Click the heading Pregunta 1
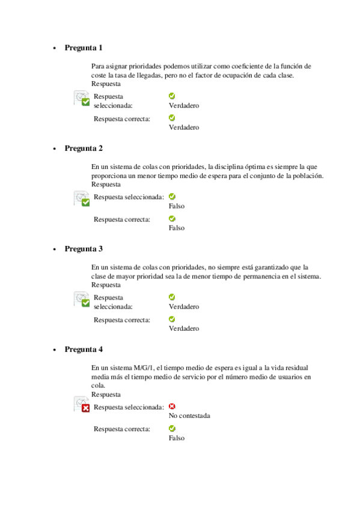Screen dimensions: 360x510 [x=84, y=48]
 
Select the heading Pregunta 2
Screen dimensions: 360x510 [x=84, y=148]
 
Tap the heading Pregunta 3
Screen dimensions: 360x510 [x=84, y=248]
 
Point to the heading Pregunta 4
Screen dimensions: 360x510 [x=84, y=349]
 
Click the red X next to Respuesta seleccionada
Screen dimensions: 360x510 [x=172, y=407]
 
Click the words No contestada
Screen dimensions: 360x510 [x=189, y=416]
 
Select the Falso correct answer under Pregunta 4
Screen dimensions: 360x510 [x=177, y=438]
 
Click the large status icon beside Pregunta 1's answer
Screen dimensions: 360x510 [x=82, y=98]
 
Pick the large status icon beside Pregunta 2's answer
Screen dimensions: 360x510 [x=82, y=198]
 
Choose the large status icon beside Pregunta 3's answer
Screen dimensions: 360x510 [x=82, y=299]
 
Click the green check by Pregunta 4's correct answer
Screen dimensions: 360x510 [x=172, y=429]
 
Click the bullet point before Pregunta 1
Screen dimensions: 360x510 [x=54, y=48]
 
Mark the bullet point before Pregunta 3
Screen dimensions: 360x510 [x=54, y=249]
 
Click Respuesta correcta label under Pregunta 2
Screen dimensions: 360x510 [x=121, y=220]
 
